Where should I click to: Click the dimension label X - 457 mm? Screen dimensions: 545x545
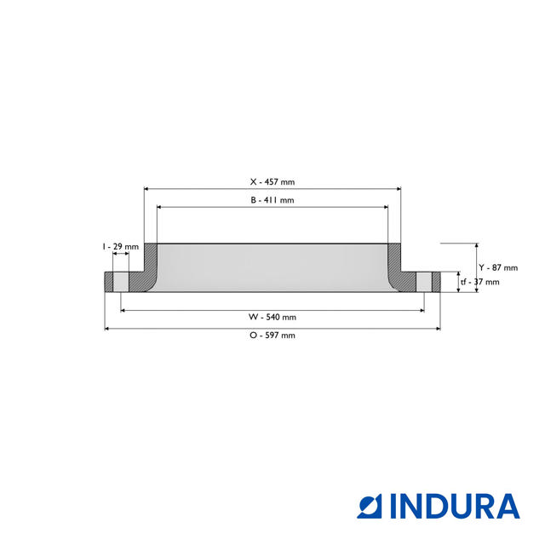click(x=272, y=181)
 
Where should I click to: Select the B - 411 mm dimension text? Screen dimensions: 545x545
click(x=272, y=200)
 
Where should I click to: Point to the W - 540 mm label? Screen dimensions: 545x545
click(x=272, y=317)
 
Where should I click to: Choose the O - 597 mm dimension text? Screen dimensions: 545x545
click(x=272, y=336)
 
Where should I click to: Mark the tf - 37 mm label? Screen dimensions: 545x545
click(x=479, y=282)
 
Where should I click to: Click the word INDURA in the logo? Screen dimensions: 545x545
click(x=455, y=506)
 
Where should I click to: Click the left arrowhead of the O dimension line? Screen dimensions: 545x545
click(x=107, y=328)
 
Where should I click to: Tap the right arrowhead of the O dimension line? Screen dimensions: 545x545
click(x=438, y=328)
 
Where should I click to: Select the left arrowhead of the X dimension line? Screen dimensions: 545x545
click(x=147, y=189)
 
